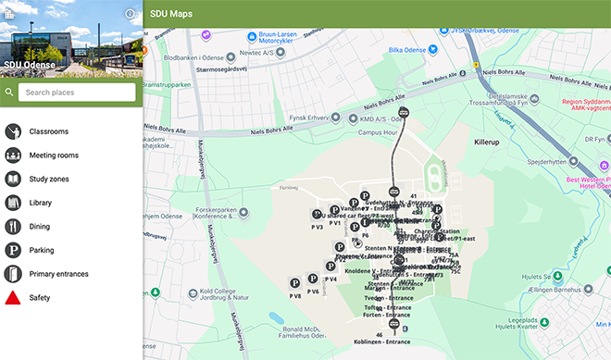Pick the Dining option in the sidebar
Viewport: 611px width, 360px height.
point(40,226)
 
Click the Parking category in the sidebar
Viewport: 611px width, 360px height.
point(42,250)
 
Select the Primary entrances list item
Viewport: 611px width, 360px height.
point(58,274)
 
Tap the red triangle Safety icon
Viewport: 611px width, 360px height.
point(14,297)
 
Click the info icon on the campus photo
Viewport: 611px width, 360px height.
point(130,14)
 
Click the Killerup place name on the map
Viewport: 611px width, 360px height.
point(487,143)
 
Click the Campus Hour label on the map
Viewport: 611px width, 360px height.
point(378,132)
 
